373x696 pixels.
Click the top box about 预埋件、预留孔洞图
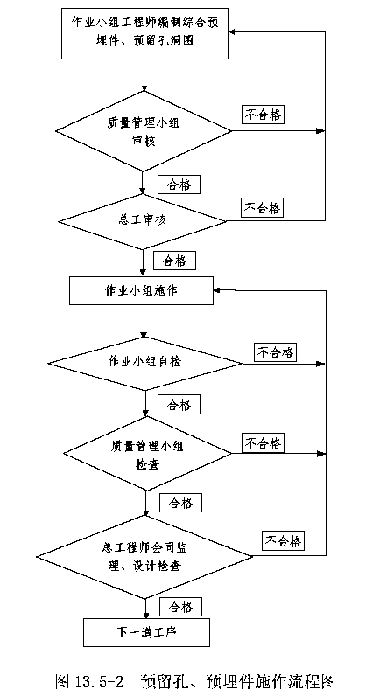(145, 32)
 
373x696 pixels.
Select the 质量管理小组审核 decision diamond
(143, 131)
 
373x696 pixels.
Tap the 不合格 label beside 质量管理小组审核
(264, 115)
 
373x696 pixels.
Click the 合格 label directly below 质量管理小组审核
(179, 185)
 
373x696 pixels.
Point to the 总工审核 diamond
(143, 221)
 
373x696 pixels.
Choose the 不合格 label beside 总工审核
(263, 208)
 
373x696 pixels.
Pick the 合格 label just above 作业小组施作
(174, 261)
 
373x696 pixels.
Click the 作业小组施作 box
(141, 291)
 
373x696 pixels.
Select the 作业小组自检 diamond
(145, 364)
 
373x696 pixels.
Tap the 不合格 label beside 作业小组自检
(275, 353)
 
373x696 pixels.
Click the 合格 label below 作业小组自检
(179, 404)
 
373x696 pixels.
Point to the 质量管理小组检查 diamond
(147, 453)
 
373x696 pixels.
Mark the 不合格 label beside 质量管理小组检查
(264, 443)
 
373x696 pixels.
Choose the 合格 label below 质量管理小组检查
(180, 503)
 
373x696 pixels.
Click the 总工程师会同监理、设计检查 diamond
(144, 556)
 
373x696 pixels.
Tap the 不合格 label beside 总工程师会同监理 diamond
(284, 541)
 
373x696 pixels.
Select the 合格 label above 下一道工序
(180, 607)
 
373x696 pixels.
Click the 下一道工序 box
(146, 632)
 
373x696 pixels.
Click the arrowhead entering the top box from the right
(234, 31)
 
